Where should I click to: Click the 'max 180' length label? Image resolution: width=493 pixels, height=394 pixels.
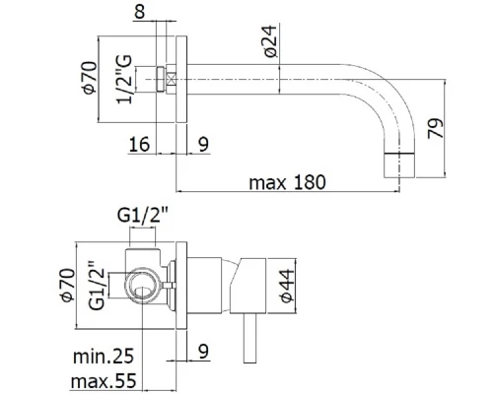287,184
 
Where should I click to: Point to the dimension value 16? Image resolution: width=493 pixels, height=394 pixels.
141,144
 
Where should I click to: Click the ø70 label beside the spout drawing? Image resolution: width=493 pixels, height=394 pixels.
87,78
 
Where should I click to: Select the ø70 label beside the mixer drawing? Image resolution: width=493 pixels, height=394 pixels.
87,281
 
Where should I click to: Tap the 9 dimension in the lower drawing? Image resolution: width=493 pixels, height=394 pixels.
203,348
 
